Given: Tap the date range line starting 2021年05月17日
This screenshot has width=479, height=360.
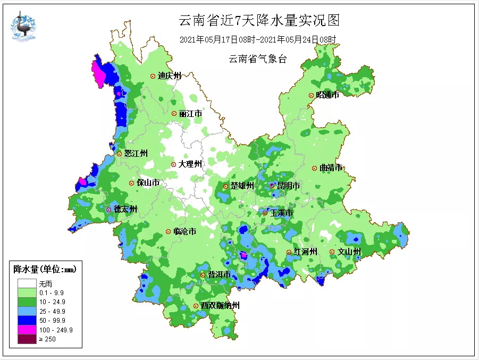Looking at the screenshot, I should [x=258, y=39].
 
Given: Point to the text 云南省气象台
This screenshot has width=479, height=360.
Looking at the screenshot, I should [x=258, y=59].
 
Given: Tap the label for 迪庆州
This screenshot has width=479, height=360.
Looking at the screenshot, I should [x=170, y=76].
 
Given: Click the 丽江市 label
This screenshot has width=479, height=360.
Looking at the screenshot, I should [x=190, y=114].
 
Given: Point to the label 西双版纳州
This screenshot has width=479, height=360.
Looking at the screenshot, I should [x=220, y=306].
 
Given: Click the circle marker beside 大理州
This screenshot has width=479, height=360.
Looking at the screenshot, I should [x=174, y=164].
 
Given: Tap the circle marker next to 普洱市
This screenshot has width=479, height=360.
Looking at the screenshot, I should [x=203, y=275].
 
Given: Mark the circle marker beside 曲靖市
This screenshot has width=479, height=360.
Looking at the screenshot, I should [x=315, y=168].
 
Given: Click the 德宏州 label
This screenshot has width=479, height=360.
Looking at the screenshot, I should [x=125, y=210].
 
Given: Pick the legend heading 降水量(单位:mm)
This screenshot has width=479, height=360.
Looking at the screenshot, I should [x=45, y=270].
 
